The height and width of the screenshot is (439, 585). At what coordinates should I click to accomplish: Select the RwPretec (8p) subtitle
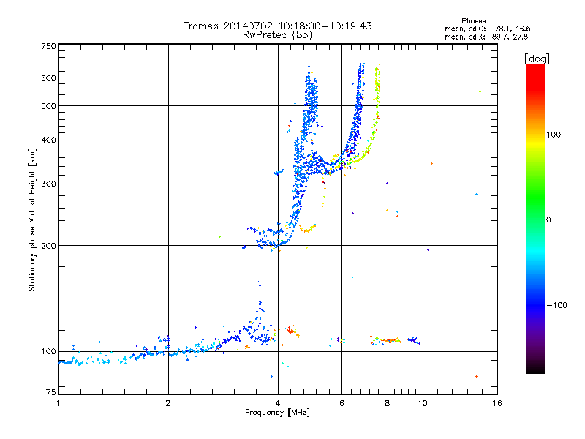click(x=278, y=34)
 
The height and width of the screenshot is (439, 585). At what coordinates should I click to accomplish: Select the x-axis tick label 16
click(x=497, y=403)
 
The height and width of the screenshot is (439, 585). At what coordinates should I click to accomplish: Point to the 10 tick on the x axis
click(x=423, y=403)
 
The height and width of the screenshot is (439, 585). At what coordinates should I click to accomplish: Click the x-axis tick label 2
click(x=168, y=403)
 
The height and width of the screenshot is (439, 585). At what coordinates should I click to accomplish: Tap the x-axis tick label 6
click(x=341, y=403)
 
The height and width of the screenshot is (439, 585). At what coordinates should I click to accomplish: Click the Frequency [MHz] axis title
click(x=277, y=413)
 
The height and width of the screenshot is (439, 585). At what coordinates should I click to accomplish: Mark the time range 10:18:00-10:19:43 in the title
click(x=319, y=26)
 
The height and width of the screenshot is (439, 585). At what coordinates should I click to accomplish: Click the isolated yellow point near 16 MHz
click(x=480, y=92)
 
